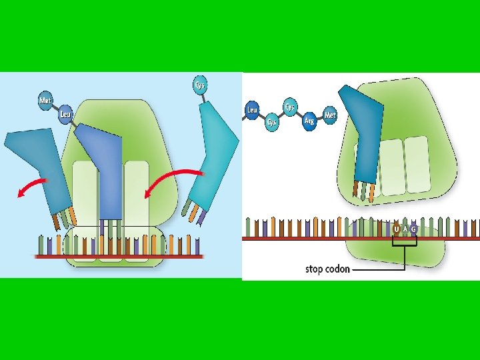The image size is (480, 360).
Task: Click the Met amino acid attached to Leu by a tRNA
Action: coord(45,101)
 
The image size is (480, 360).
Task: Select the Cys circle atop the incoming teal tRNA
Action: coord(199,85)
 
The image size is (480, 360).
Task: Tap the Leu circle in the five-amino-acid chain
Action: coord(252,110)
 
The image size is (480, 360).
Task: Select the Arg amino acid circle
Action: coord(309,121)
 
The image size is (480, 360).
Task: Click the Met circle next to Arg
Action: coord(329,115)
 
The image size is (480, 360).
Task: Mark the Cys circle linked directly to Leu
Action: coord(272,121)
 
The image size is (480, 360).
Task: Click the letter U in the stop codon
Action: coord(397,230)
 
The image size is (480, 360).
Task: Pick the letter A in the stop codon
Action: coord(405,230)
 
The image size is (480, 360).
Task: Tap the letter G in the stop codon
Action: coord(414,230)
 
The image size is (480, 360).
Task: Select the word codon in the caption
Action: coord(338,269)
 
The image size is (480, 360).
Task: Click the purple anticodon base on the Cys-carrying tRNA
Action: coord(200,217)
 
